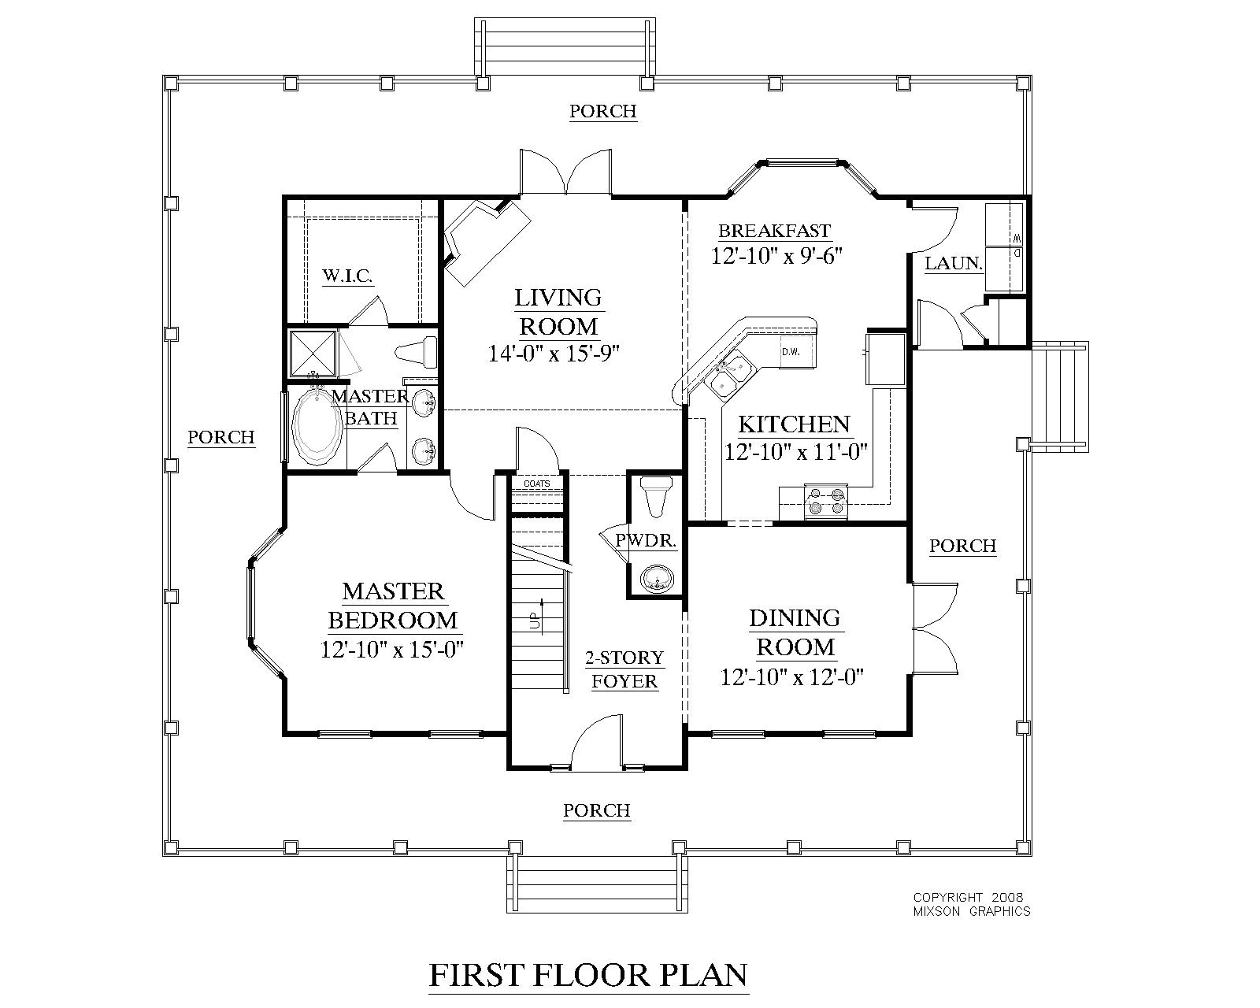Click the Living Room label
tap(558, 312)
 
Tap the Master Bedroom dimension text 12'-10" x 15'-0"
tap(392, 650)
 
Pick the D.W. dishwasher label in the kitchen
tap(791, 352)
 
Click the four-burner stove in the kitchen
tap(826, 502)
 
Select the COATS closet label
tap(537, 484)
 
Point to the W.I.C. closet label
tap(348, 276)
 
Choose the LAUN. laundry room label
tap(953, 264)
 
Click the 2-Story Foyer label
tap(624, 669)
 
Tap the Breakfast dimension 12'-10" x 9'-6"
tap(776, 256)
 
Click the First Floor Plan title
tap(588, 975)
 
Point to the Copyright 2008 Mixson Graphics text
tap(971, 904)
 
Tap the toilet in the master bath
tap(417, 352)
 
